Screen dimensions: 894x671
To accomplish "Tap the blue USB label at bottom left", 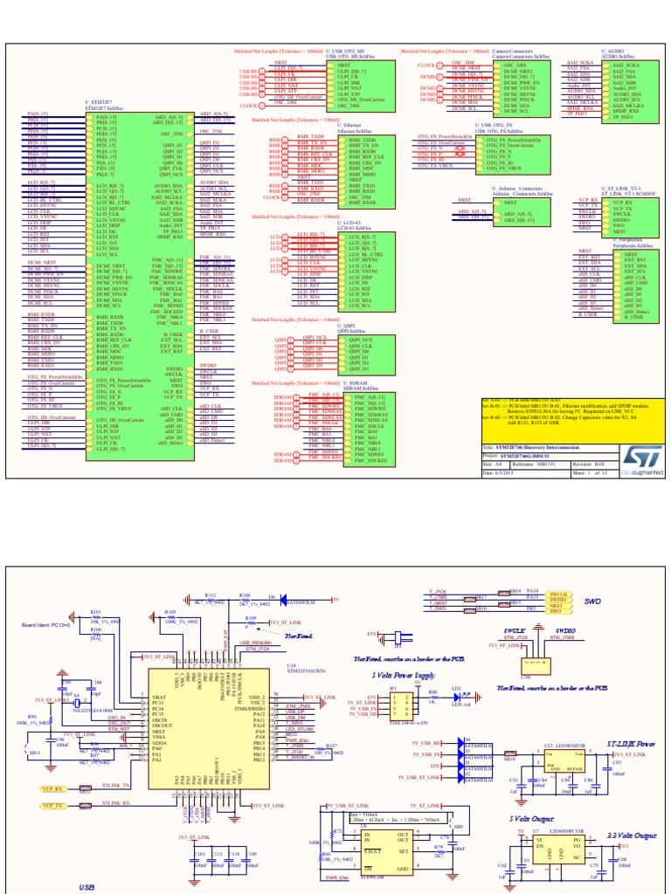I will pos(87,885).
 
